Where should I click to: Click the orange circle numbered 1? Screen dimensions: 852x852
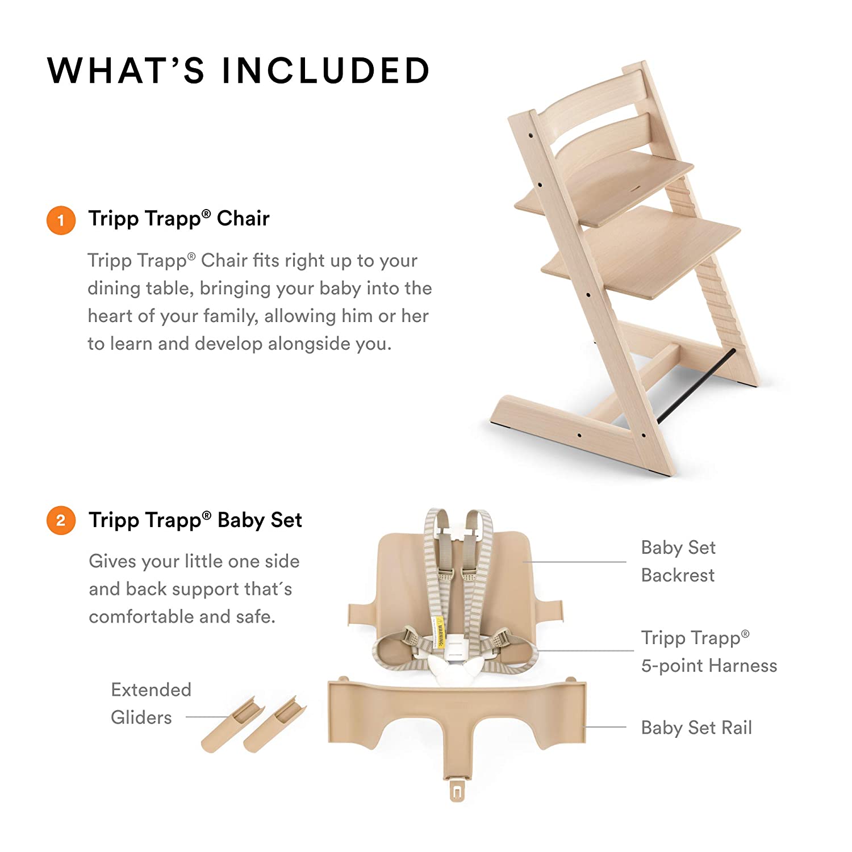click(x=61, y=220)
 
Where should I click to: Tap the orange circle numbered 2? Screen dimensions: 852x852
click(x=61, y=520)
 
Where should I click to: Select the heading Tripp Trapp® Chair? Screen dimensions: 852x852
click(x=178, y=219)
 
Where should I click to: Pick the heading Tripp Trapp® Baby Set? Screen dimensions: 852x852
click(x=195, y=520)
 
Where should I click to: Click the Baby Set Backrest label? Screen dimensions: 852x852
click(x=678, y=561)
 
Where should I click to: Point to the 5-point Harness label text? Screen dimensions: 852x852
click(x=708, y=665)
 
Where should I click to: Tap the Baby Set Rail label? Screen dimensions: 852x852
click(x=696, y=728)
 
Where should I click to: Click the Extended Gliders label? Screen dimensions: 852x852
click(x=151, y=703)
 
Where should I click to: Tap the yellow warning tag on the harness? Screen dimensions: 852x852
click(x=438, y=633)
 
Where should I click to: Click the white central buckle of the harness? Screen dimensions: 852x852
click(x=455, y=648)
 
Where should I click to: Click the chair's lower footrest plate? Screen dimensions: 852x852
click(x=642, y=253)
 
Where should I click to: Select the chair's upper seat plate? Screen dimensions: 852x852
click(x=605, y=187)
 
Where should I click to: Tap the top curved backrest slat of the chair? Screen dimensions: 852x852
click(x=591, y=102)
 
